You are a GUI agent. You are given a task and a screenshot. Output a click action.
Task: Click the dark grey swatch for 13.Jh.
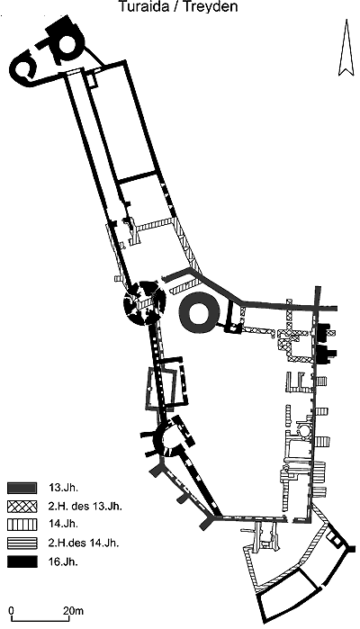pos(22,488)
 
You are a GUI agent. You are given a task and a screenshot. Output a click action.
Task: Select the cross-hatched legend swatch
pos(22,506)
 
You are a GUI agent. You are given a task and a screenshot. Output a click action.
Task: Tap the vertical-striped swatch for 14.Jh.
pos(22,524)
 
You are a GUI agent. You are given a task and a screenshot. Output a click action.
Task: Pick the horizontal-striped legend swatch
pos(22,543)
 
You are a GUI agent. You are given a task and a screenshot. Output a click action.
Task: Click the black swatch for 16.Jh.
pos(22,562)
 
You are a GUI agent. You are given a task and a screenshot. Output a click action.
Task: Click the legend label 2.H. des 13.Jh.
pos(85,506)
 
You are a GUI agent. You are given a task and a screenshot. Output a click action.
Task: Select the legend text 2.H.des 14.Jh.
pos(84,544)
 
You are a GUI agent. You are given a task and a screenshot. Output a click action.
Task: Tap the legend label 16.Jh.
pos(63,562)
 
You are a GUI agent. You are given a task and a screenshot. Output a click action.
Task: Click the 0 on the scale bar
pos(11,610)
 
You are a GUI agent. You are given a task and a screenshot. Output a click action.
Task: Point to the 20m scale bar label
pos(74,610)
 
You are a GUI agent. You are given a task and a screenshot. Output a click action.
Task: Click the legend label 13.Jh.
pos(63,488)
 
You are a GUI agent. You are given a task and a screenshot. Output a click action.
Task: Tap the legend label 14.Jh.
pos(63,524)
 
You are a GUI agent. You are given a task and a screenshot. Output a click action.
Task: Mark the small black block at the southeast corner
pos(352,548)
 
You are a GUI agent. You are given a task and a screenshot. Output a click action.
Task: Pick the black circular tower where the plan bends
pos(144,305)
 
